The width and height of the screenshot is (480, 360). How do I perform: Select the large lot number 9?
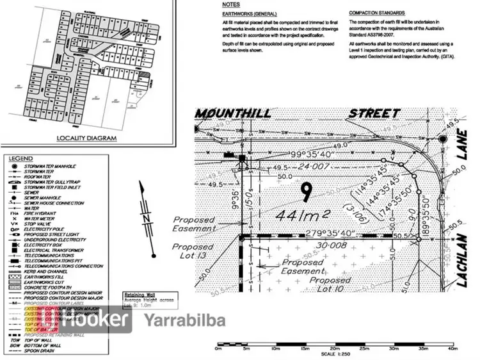307,190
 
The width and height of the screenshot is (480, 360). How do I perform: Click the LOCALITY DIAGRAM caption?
86,138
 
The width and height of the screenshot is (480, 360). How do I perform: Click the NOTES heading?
231,4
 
